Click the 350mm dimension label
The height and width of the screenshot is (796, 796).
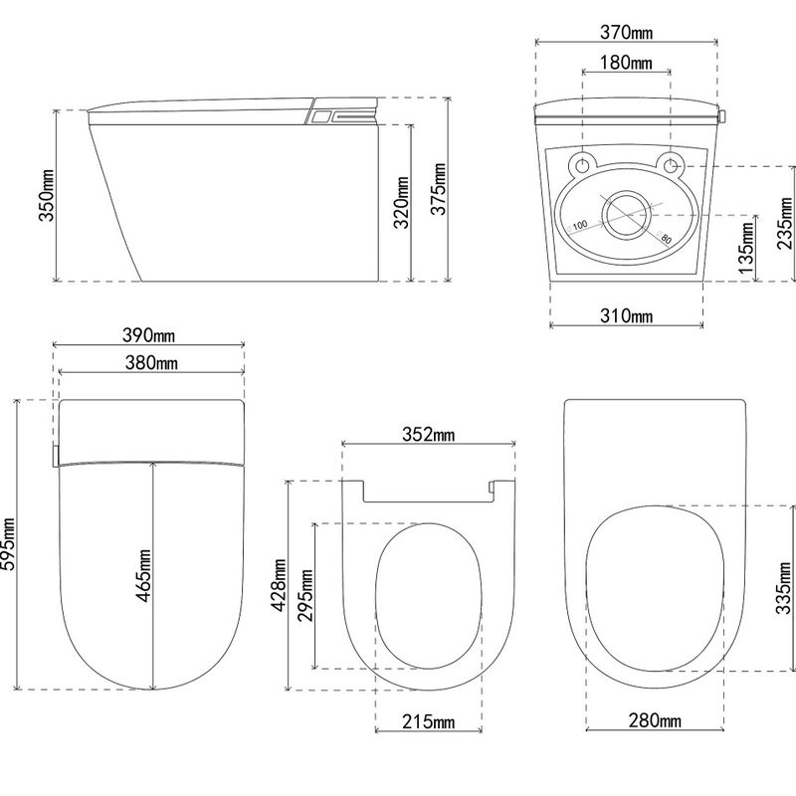click(46, 195)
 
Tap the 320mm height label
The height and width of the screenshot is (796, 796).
click(402, 202)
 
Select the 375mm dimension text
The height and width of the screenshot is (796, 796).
click(438, 189)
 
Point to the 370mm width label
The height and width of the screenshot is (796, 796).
click(626, 33)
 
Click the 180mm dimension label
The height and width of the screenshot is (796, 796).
click(626, 63)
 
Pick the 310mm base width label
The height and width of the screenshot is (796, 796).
click(626, 315)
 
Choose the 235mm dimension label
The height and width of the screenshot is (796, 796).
click(785, 223)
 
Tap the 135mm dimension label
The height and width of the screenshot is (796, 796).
click(745, 247)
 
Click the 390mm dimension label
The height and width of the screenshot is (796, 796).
click(148, 335)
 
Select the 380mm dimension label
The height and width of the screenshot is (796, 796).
click(151, 363)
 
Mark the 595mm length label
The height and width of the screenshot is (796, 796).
click(8, 544)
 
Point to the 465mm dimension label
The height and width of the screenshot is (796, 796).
click(143, 576)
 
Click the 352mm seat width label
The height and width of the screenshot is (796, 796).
click(429, 435)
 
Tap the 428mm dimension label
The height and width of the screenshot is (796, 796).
click(279, 585)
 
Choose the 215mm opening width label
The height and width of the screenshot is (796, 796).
click(429, 721)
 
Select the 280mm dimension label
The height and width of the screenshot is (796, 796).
click(655, 720)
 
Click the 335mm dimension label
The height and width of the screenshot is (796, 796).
click(784, 588)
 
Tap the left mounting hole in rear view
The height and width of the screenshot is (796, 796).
click(582, 165)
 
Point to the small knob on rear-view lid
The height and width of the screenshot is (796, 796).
click(722, 116)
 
